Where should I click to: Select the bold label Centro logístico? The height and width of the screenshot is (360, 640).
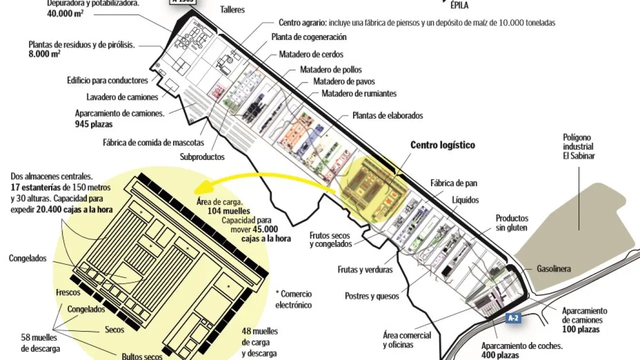442,145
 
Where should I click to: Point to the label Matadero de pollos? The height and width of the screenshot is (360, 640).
330,69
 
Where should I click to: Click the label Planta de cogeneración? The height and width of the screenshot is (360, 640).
309,37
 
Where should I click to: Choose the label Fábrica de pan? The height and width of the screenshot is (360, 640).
451,183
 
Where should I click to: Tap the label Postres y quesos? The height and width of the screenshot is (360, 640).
372,296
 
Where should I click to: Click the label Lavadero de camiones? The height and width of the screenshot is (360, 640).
122,97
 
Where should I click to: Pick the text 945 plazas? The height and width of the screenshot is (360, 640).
94,124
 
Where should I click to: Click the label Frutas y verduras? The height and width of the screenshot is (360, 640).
364,270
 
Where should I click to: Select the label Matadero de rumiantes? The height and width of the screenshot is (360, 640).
359,93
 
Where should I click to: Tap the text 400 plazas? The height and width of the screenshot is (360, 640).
500,355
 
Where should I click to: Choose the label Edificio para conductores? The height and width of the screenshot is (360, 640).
107,80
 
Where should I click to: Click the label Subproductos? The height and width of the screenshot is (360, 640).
202,157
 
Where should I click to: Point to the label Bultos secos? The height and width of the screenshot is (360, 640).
142,356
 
